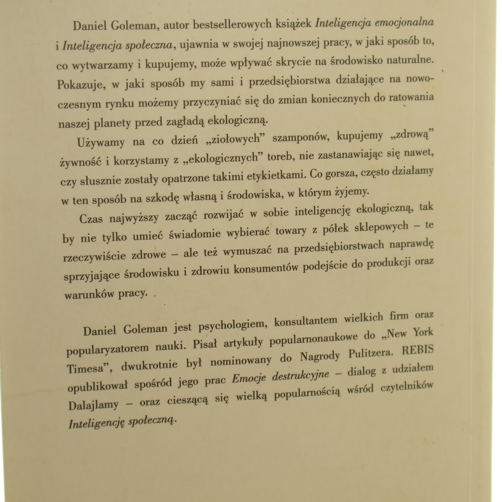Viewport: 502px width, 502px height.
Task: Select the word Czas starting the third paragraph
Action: point(91,218)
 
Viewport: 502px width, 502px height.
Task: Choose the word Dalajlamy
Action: point(93,406)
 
